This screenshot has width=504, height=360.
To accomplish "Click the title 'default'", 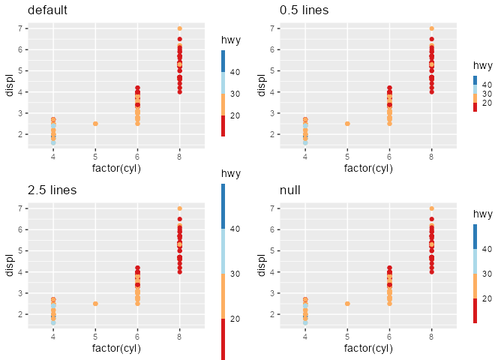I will coord(47,10).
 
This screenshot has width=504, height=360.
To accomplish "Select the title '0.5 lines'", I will coord(304,10).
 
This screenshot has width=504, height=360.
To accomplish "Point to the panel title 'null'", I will coord(289,190).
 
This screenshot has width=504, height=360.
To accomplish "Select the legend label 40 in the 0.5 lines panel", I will coord(487,85).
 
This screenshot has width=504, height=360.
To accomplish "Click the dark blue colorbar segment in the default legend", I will coord(223,61).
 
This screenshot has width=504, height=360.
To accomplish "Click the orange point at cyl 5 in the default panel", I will coord(95,124).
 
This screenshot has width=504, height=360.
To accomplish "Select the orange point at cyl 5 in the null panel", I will coord(347,304).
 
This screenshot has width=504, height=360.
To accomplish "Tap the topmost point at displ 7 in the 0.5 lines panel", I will coord(431,28).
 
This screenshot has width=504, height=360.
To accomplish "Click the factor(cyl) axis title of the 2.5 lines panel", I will coord(116,348).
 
